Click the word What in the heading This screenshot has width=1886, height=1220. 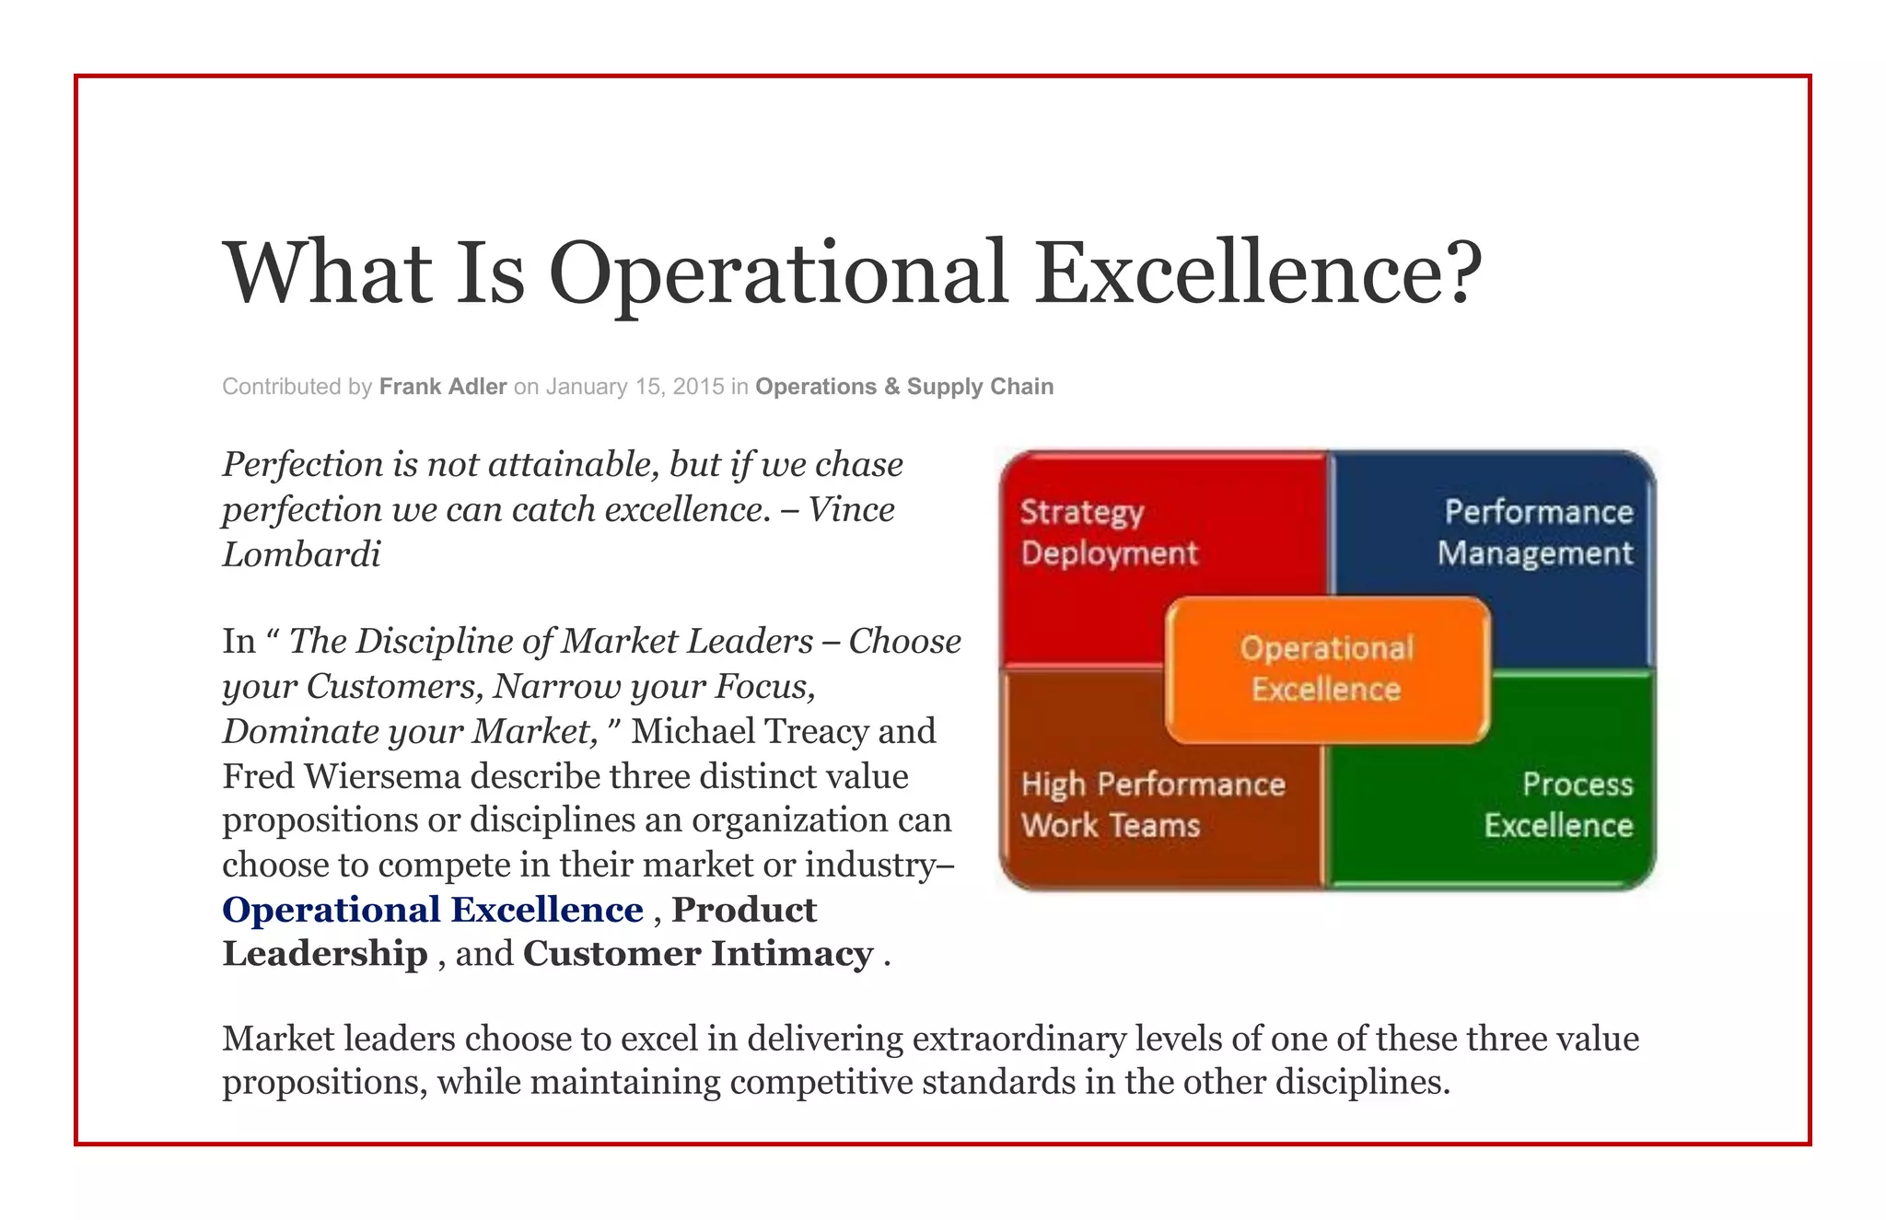tap(327, 273)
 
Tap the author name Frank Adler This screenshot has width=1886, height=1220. tap(443, 387)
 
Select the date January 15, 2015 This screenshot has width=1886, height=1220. tap(634, 387)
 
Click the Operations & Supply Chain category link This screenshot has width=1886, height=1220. tap(904, 387)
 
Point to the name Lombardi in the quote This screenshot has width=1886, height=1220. tap(301, 554)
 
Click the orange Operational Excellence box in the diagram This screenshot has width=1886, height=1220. tap(1326, 669)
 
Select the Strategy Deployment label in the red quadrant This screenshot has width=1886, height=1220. tap(1109, 532)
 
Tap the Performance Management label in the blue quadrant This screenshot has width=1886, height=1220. tap(1535, 532)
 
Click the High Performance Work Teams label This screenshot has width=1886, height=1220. tap(1152, 804)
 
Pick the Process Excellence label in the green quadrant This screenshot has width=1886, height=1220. tap(1558, 804)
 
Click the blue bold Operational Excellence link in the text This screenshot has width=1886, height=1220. tap(433, 910)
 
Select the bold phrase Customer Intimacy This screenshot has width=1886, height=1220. tap(698, 954)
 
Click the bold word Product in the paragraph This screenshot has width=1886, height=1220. tap(744, 910)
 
